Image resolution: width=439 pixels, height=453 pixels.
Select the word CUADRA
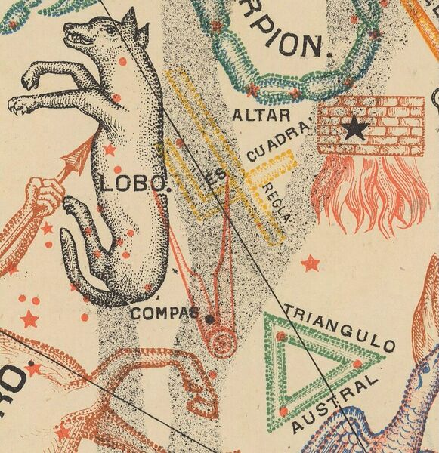[x=269, y=146]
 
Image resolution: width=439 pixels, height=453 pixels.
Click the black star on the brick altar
[x=352, y=130]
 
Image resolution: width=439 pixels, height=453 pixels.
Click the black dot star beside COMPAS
[x=209, y=319]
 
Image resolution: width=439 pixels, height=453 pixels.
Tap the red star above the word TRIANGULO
[x=310, y=263]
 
